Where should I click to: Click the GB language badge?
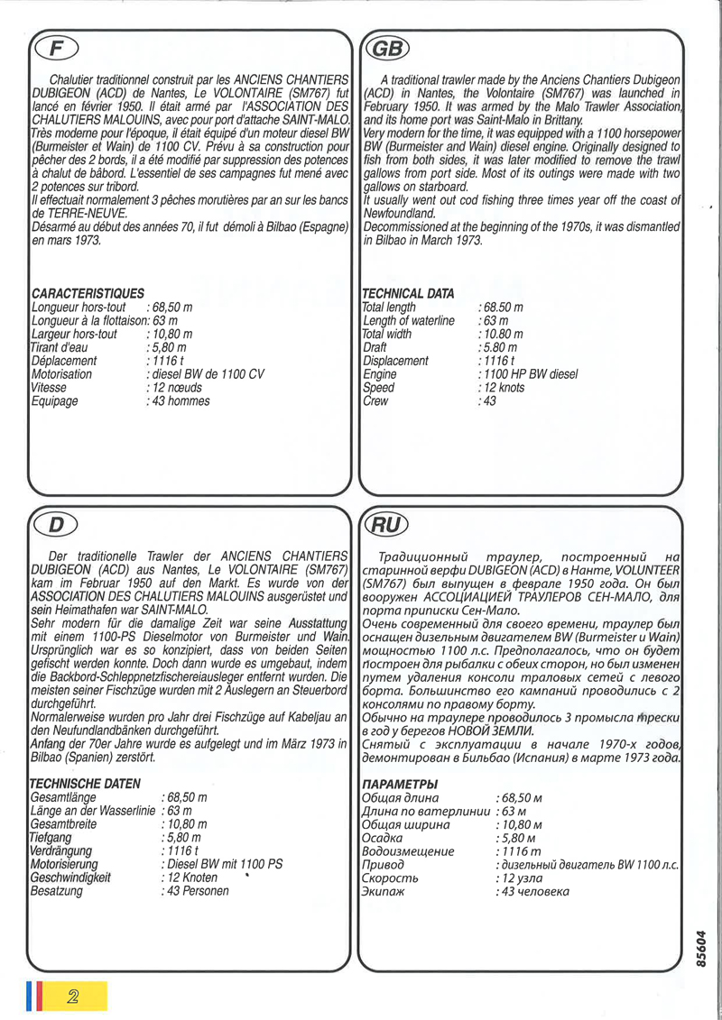(384, 49)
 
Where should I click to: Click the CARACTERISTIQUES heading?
(88, 294)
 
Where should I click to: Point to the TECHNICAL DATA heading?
(407, 294)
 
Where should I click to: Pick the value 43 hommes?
(180, 401)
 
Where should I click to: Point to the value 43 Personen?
(196, 891)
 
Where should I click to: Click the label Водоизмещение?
(407, 851)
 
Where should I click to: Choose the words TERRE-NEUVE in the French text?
(79, 213)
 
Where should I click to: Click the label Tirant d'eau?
(60, 347)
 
